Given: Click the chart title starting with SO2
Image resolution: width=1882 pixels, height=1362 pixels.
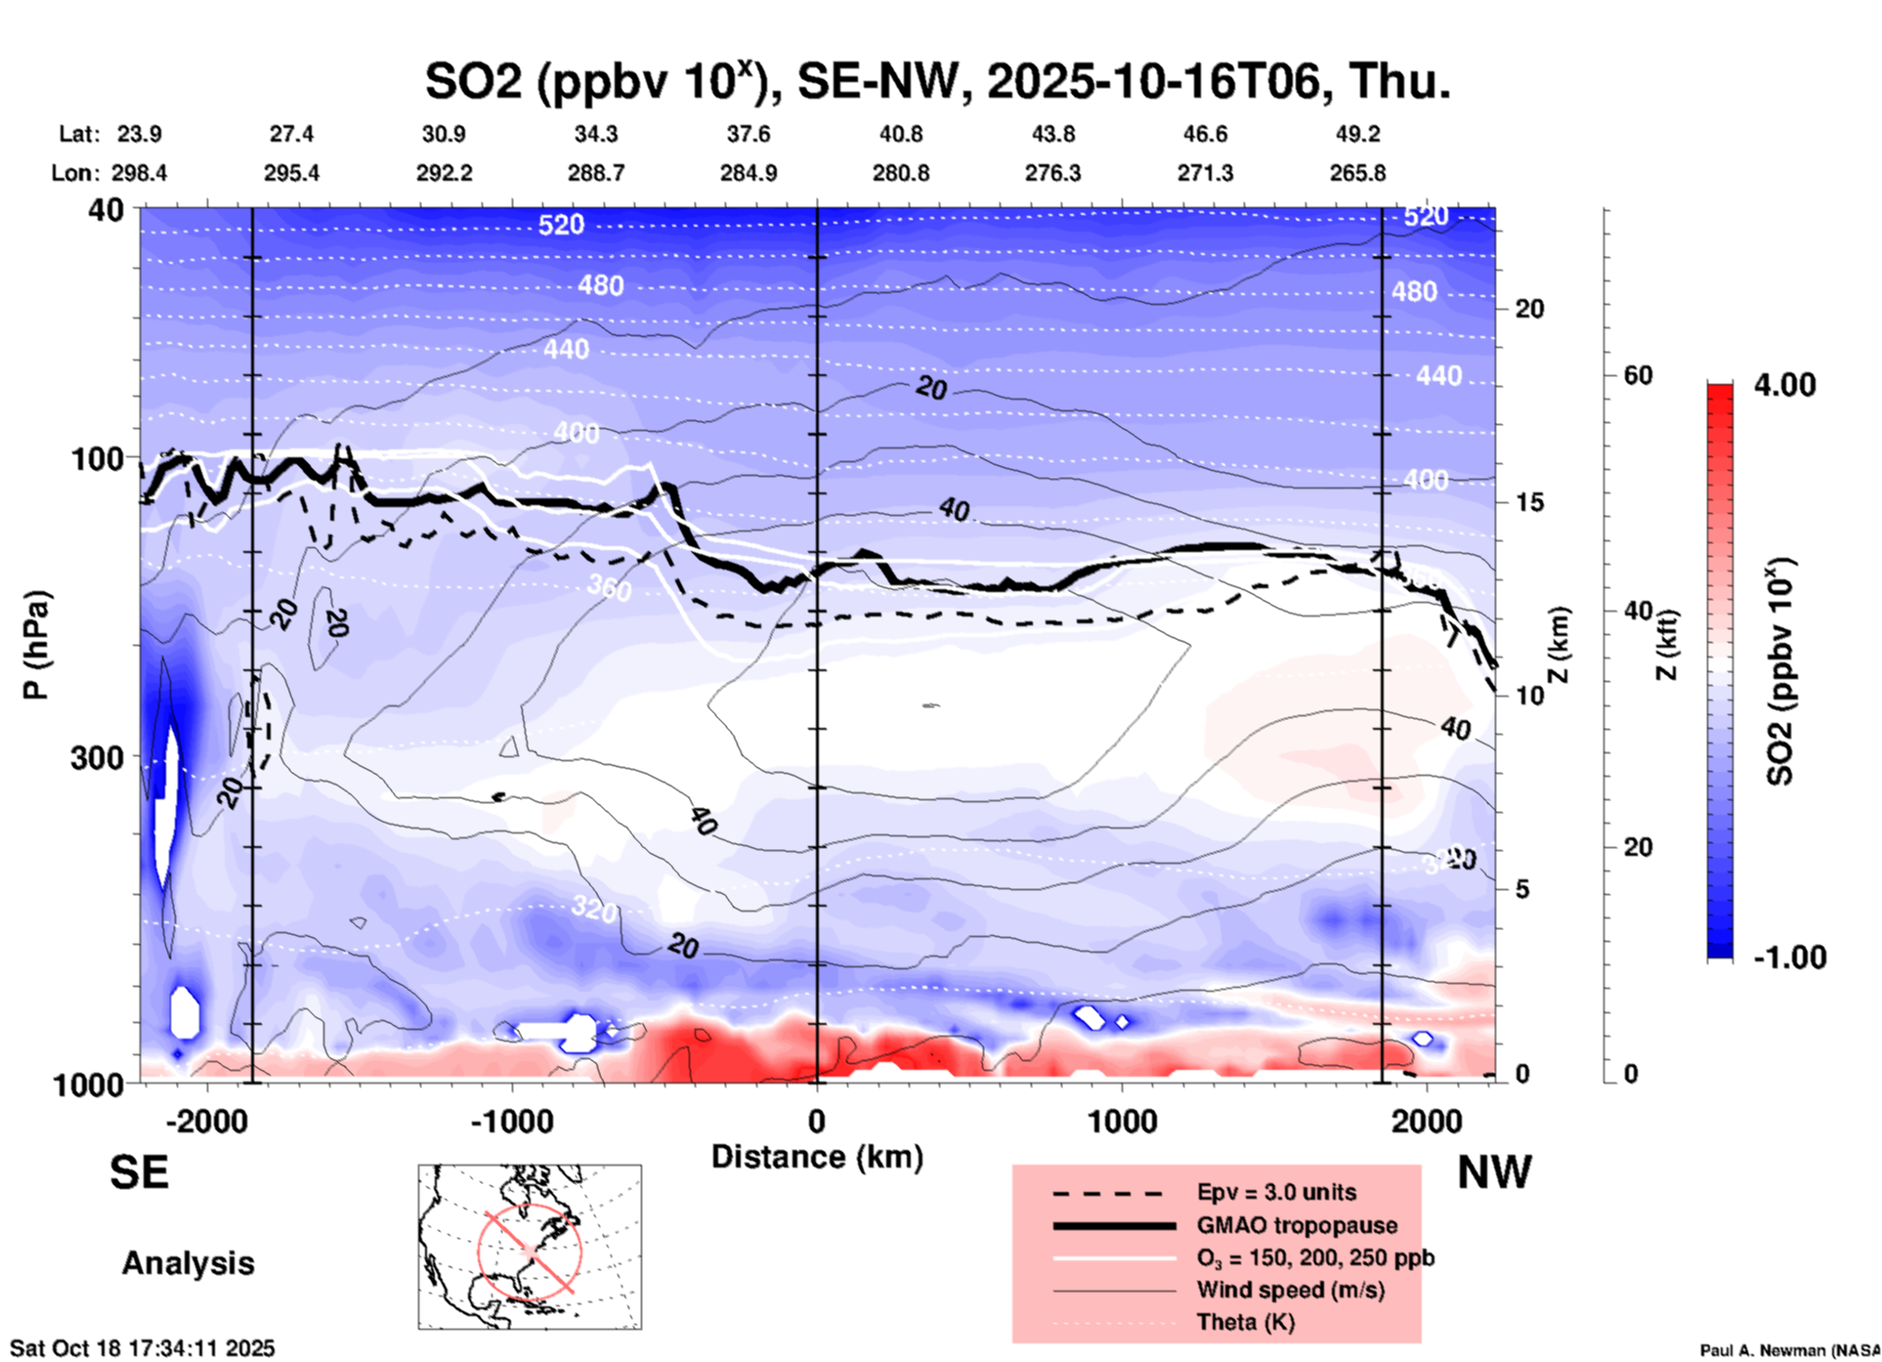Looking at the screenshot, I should click(937, 81).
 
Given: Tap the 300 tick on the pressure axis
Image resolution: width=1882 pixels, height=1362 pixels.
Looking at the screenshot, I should click(98, 757).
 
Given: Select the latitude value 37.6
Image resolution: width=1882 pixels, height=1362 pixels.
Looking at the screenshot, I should click(748, 134).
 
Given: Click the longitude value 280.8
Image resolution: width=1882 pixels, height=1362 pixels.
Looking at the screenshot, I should click(900, 173).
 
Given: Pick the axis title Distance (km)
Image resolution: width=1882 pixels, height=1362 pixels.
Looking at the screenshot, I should click(817, 1157).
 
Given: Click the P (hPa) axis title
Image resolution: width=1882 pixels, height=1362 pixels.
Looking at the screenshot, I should click(35, 645).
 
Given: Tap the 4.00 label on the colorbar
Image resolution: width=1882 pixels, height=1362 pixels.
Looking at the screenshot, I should click(1784, 384).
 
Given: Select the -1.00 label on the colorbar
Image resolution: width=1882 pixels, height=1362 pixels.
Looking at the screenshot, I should click(1789, 957).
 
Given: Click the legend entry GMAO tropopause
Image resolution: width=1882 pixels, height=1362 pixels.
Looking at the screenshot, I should click(1297, 1225).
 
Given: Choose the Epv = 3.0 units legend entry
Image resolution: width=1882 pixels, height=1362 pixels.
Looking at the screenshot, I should click(1276, 1192).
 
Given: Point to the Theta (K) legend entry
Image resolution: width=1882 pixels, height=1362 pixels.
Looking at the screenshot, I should click(1245, 1322).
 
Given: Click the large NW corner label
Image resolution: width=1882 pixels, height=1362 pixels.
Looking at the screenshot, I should click(1494, 1172).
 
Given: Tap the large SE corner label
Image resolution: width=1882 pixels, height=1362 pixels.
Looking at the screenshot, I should click(139, 1172).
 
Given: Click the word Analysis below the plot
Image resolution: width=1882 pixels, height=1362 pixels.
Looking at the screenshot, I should click(188, 1263).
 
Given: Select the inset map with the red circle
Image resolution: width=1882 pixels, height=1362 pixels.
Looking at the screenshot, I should click(530, 1247).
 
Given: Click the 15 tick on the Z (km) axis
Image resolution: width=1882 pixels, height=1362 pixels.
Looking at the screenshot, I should click(1531, 502).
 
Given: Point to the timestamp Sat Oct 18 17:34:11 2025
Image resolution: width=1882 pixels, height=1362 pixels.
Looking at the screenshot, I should click(143, 1348).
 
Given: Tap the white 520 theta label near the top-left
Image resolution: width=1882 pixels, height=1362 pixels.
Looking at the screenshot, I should click(561, 225).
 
